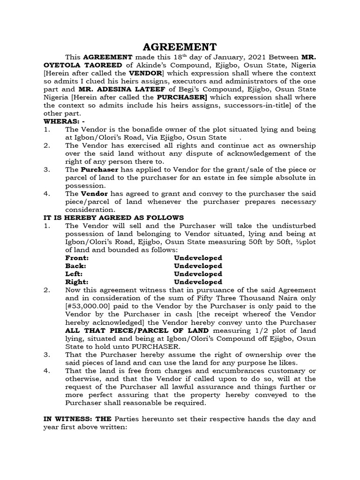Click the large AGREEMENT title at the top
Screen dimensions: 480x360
(180, 47)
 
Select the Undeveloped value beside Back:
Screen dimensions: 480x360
(198, 266)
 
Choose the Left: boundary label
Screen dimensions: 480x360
(75, 274)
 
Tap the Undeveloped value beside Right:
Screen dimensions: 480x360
(198, 282)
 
